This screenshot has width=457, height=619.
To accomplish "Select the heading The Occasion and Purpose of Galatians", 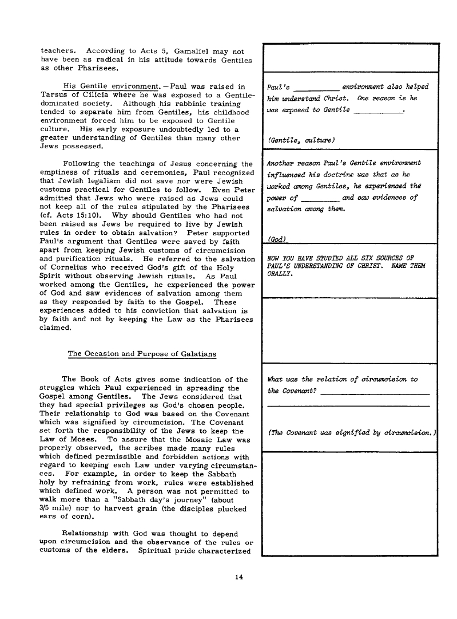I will pos(142,354).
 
